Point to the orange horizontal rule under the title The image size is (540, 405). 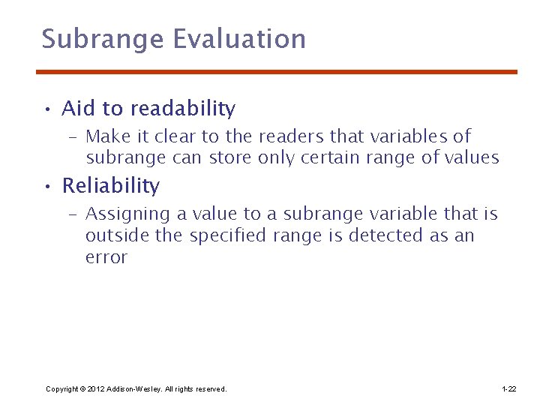tap(277, 72)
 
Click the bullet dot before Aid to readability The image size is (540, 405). tap(46, 110)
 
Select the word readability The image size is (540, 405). tap(182, 109)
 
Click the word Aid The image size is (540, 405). tap(79, 109)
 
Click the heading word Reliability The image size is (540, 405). tap(110, 186)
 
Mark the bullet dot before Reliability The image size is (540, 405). tap(46, 187)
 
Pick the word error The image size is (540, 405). tap(106, 257)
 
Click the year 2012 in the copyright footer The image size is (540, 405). tap(94, 389)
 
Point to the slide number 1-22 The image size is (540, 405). tap(508, 389)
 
